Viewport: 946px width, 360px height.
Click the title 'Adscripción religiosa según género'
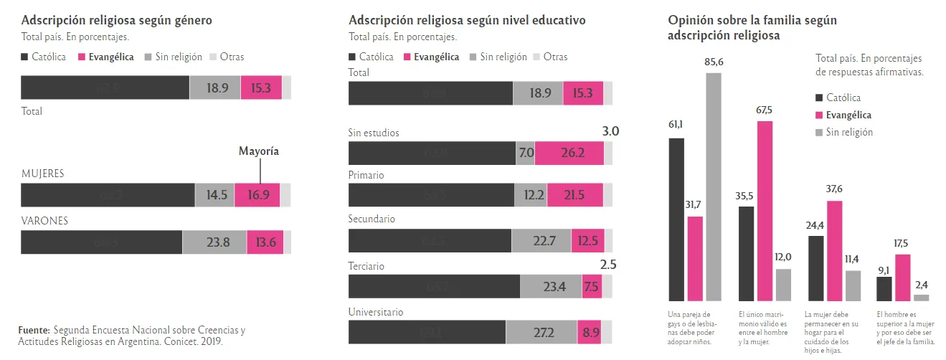click(x=116, y=20)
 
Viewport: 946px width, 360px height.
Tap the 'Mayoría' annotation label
click(x=258, y=151)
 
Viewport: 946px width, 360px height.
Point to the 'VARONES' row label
click(x=44, y=221)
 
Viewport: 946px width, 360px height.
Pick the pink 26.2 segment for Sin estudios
click(x=569, y=153)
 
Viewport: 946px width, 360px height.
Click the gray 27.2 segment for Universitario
click(x=541, y=333)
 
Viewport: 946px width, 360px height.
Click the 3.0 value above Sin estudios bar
click(x=610, y=131)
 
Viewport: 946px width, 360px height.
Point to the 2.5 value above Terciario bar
click(x=608, y=265)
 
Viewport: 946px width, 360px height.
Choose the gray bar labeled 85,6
click(x=714, y=186)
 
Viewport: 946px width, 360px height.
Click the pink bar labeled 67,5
click(x=765, y=211)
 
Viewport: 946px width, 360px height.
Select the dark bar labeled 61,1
click(x=676, y=219)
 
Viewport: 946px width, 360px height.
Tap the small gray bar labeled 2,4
click(x=922, y=297)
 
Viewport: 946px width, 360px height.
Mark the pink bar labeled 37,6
click(x=834, y=250)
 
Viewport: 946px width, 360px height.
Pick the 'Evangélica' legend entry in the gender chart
click(x=105, y=57)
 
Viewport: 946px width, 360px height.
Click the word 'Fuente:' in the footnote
click(x=34, y=330)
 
